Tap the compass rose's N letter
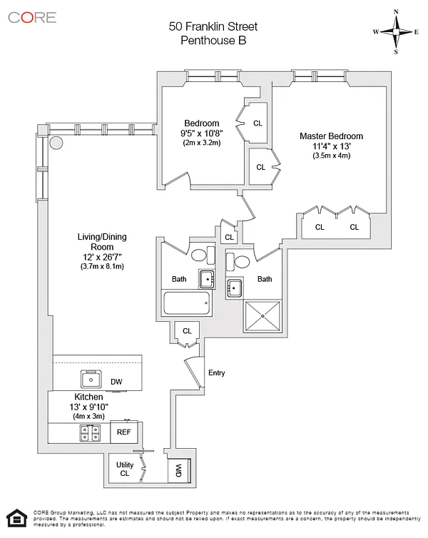(x=397, y=11)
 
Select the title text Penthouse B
(x=213, y=41)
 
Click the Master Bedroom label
(x=331, y=136)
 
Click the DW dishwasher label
(x=116, y=382)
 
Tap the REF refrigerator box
(x=124, y=432)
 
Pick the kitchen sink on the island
(x=91, y=378)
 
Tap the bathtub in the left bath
(x=187, y=303)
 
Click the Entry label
(x=216, y=373)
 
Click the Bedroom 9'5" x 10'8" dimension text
(x=200, y=133)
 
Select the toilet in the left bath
(x=199, y=255)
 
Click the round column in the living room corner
(x=56, y=143)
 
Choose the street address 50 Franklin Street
(x=213, y=26)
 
